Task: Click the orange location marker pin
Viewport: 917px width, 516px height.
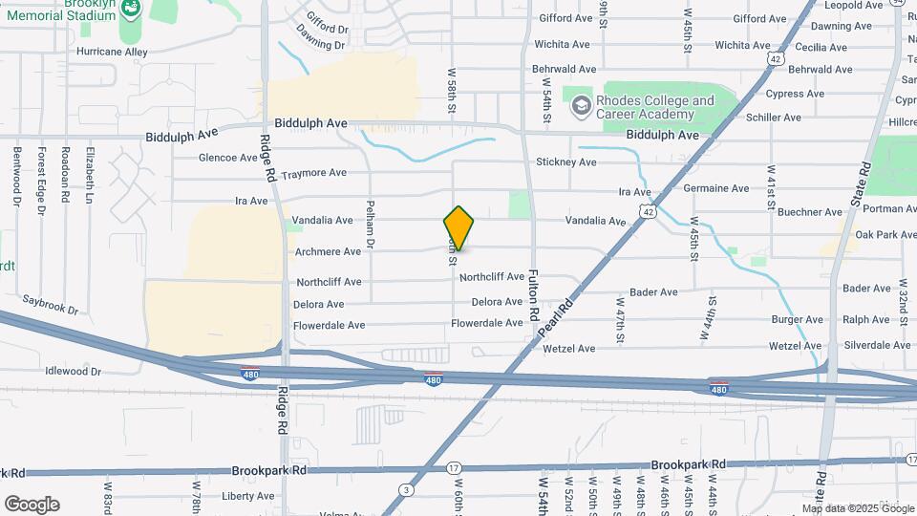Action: coord(458,228)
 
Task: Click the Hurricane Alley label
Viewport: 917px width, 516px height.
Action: coord(113,52)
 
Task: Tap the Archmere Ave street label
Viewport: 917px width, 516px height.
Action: coord(328,251)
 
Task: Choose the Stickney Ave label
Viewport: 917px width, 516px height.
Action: coord(566,161)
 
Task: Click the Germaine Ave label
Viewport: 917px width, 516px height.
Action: coord(716,188)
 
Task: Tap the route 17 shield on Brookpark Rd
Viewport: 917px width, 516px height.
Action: coord(454,468)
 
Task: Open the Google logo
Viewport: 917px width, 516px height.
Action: coord(32,504)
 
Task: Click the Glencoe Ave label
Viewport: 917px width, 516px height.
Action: coord(228,158)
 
